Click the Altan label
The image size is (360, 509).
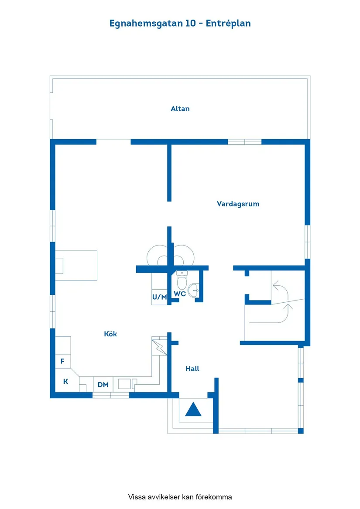(x=180, y=109)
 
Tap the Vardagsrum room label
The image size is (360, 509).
(x=238, y=204)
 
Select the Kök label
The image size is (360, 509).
(x=110, y=334)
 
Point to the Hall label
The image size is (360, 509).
(x=192, y=369)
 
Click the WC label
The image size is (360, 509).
(x=180, y=294)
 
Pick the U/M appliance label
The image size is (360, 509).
(x=159, y=297)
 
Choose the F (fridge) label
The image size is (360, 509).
(x=62, y=361)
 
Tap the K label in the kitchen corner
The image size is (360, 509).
(x=66, y=381)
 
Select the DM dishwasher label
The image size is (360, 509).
(x=103, y=385)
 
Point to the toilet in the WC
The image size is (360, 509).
(x=182, y=279)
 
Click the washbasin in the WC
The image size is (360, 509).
(x=194, y=290)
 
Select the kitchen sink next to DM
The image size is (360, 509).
(x=125, y=384)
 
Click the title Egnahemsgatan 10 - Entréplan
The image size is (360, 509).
(x=180, y=24)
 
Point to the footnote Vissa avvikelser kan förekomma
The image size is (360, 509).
(x=180, y=497)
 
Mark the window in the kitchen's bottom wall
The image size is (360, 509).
(x=111, y=395)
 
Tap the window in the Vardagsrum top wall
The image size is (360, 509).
(x=244, y=142)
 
